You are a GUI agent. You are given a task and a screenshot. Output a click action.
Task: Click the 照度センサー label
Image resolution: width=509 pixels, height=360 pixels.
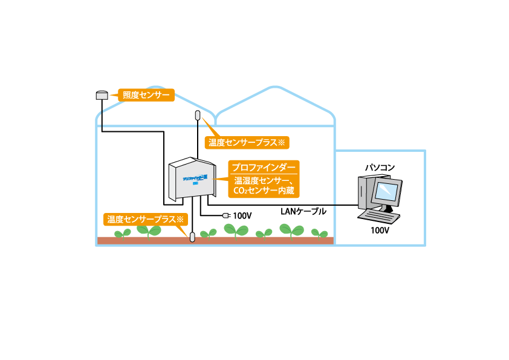point(146,95)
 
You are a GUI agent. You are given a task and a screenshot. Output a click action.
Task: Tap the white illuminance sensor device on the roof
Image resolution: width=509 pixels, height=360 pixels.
point(102,96)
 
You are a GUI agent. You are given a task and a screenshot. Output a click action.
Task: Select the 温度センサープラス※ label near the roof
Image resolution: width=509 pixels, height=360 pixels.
point(247,143)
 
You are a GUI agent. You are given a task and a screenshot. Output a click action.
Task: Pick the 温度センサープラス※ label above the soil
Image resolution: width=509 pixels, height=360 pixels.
point(145,220)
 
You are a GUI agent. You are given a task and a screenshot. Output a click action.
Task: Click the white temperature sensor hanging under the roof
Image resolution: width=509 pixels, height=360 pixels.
point(198,115)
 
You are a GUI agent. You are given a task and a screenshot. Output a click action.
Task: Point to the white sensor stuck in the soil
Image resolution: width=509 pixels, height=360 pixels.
point(192,237)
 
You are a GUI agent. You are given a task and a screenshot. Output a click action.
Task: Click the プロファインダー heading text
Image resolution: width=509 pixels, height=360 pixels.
point(264,168)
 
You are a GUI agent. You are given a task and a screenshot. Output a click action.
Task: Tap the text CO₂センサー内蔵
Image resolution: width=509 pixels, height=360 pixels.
point(264,191)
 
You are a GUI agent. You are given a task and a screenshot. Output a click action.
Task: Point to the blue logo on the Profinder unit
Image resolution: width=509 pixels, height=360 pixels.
point(195,178)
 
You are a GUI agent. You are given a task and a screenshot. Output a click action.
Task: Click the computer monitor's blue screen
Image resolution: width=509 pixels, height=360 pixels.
point(386,191)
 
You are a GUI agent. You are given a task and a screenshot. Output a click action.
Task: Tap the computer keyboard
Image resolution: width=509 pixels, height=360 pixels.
point(379,216)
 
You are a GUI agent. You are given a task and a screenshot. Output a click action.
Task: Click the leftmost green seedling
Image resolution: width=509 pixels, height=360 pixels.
point(123,233)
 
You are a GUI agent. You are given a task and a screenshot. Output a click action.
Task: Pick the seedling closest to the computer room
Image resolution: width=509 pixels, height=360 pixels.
point(319,233)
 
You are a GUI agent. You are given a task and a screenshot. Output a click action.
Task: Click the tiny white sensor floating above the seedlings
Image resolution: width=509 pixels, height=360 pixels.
point(225,215)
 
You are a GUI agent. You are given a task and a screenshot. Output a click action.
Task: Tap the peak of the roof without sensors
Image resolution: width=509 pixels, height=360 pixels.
point(275,87)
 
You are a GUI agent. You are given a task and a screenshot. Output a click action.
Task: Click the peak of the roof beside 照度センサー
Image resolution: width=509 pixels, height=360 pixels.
point(157,87)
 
